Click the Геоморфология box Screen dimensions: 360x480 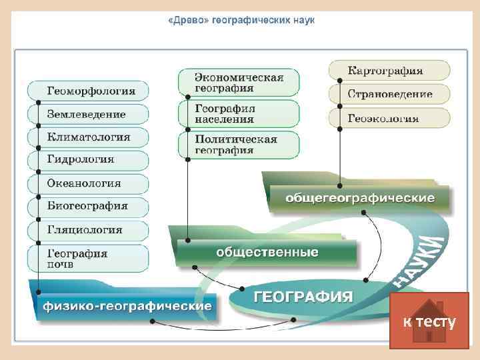[x=89, y=91]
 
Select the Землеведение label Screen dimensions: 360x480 [x=86, y=114]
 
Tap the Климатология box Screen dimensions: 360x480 [x=89, y=137]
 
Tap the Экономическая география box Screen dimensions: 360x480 [x=239, y=82]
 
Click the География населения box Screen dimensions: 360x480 [x=239, y=113]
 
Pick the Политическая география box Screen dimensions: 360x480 [x=239, y=145]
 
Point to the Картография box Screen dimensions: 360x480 [x=389, y=70]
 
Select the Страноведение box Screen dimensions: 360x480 [x=389, y=94]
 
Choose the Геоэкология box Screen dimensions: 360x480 [x=389, y=119]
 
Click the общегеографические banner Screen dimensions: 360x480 [x=360, y=199]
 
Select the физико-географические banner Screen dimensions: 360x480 [x=127, y=307]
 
